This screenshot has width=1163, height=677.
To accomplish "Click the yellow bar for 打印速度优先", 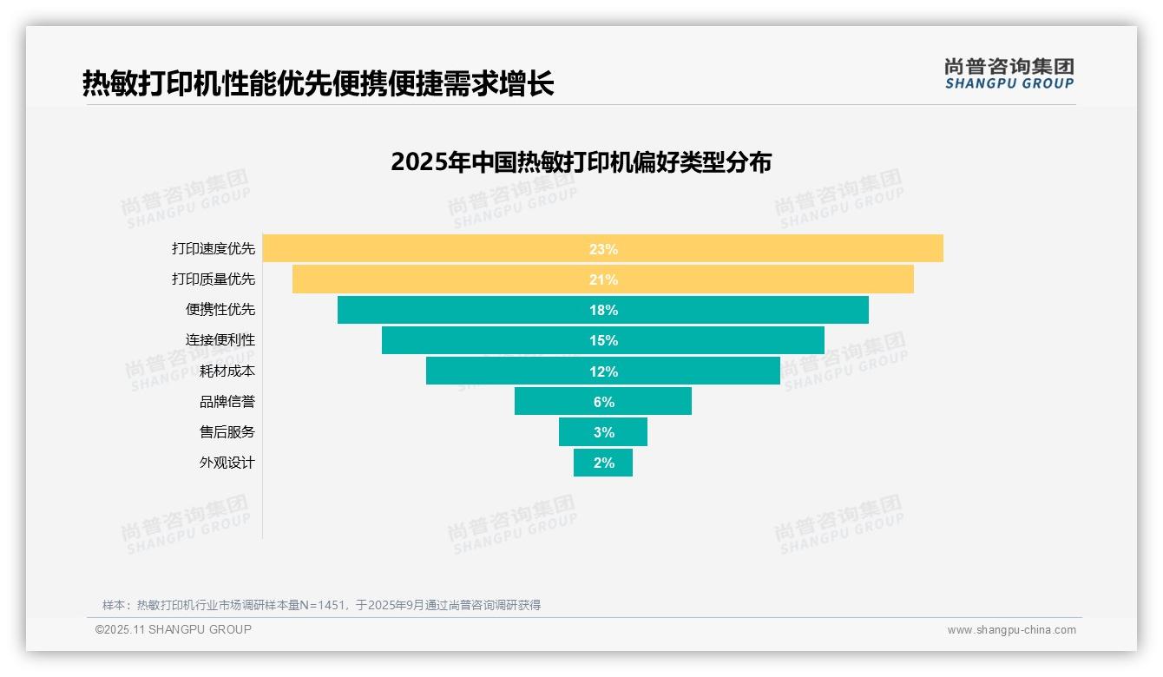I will (434, 249).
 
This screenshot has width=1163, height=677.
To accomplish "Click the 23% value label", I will (603, 249).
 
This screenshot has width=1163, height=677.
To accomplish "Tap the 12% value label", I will (603, 371).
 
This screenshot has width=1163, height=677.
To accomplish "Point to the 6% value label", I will (603, 402).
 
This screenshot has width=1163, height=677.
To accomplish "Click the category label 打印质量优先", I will (214, 279).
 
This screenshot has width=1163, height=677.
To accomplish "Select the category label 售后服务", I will (227, 432).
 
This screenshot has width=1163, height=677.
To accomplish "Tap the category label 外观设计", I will (227, 463).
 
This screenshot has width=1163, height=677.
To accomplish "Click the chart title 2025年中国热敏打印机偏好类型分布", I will (581, 162).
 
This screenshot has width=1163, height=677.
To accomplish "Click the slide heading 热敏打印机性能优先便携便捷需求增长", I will (318, 84).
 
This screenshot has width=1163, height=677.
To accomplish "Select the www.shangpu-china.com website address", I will (1011, 630).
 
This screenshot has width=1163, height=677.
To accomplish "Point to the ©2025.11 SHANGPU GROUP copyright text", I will (174, 629).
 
